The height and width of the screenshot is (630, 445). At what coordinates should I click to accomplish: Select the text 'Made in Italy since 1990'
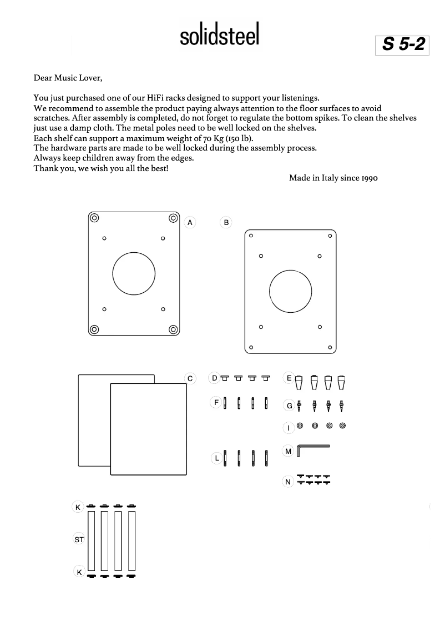(333, 178)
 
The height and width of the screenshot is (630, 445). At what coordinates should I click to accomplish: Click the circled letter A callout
(190, 222)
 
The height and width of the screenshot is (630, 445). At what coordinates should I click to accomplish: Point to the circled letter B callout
(226, 222)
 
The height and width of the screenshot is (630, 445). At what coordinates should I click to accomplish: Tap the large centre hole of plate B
(290, 292)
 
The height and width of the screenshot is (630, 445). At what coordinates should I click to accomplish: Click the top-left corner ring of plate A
(94, 217)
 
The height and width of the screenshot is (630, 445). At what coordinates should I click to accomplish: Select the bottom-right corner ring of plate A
(173, 329)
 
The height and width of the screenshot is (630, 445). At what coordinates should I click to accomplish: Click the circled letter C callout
(190, 378)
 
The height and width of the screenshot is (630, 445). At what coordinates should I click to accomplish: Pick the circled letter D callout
(214, 378)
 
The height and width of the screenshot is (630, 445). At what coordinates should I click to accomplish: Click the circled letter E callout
(289, 378)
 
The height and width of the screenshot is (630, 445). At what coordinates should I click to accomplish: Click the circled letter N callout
(288, 482)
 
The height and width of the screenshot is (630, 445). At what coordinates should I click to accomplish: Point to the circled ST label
(79, 539)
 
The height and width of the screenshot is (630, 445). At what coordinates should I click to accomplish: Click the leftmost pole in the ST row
(91, 541)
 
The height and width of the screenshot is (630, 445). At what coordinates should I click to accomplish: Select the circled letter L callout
(217, 458)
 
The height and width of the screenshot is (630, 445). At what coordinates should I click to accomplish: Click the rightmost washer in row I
(342, 426)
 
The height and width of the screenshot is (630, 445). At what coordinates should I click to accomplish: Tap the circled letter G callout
(289, 406)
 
